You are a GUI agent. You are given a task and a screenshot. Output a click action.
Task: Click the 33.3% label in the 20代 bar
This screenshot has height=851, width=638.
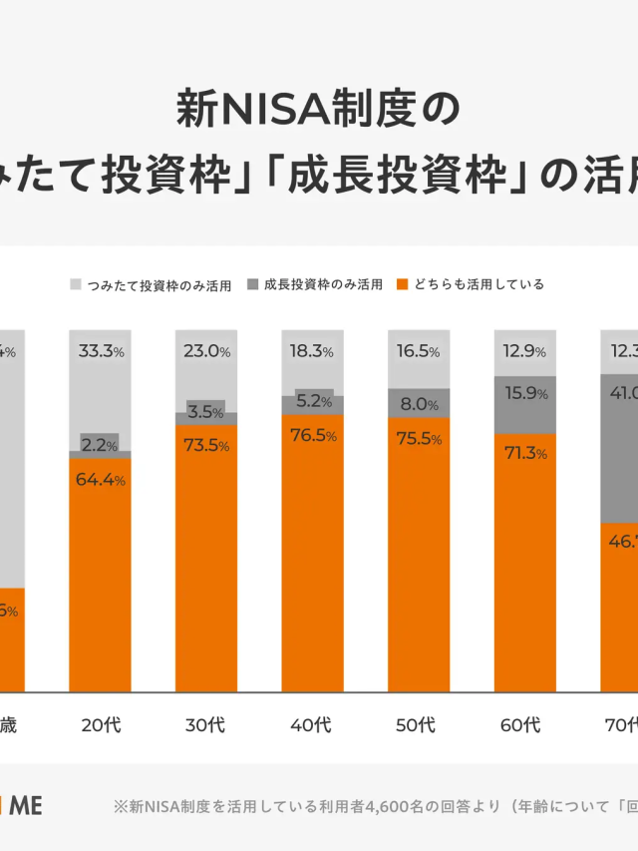[101, 351]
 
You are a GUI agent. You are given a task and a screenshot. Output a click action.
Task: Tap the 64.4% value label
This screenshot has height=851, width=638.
[101, 480]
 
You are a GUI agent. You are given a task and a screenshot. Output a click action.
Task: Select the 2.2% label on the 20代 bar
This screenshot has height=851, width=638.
[101, 441]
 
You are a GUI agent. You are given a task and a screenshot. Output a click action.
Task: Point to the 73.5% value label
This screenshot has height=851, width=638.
[206, 445]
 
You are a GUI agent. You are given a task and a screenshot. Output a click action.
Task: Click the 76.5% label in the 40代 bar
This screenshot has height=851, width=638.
[312, 435]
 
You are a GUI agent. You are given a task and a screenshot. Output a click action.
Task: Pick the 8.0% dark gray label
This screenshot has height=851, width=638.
[419, 404]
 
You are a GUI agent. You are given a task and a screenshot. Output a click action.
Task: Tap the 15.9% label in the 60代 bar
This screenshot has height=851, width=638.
[525, 393]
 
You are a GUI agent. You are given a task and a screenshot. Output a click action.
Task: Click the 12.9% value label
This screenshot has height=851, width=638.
[525, 351]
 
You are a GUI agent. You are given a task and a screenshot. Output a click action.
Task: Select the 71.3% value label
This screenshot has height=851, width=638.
[525, 453]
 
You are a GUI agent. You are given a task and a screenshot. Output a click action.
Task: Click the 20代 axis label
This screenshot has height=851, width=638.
[101, 724]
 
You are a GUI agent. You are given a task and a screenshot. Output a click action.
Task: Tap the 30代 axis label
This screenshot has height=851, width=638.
[206, 724]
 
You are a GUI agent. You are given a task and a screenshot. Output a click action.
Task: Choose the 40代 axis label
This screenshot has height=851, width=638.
[312, 724]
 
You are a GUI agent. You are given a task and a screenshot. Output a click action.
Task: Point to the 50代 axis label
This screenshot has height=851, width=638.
[419, 724]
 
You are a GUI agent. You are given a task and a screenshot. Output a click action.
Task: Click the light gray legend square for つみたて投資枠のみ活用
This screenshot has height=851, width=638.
[76, 284]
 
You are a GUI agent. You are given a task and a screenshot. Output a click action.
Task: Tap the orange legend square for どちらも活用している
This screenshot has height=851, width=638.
[403, 284]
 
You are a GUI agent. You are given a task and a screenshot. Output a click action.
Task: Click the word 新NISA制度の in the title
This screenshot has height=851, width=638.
[319, 108]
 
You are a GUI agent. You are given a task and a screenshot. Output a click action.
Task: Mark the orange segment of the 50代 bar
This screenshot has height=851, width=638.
[419, 559]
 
